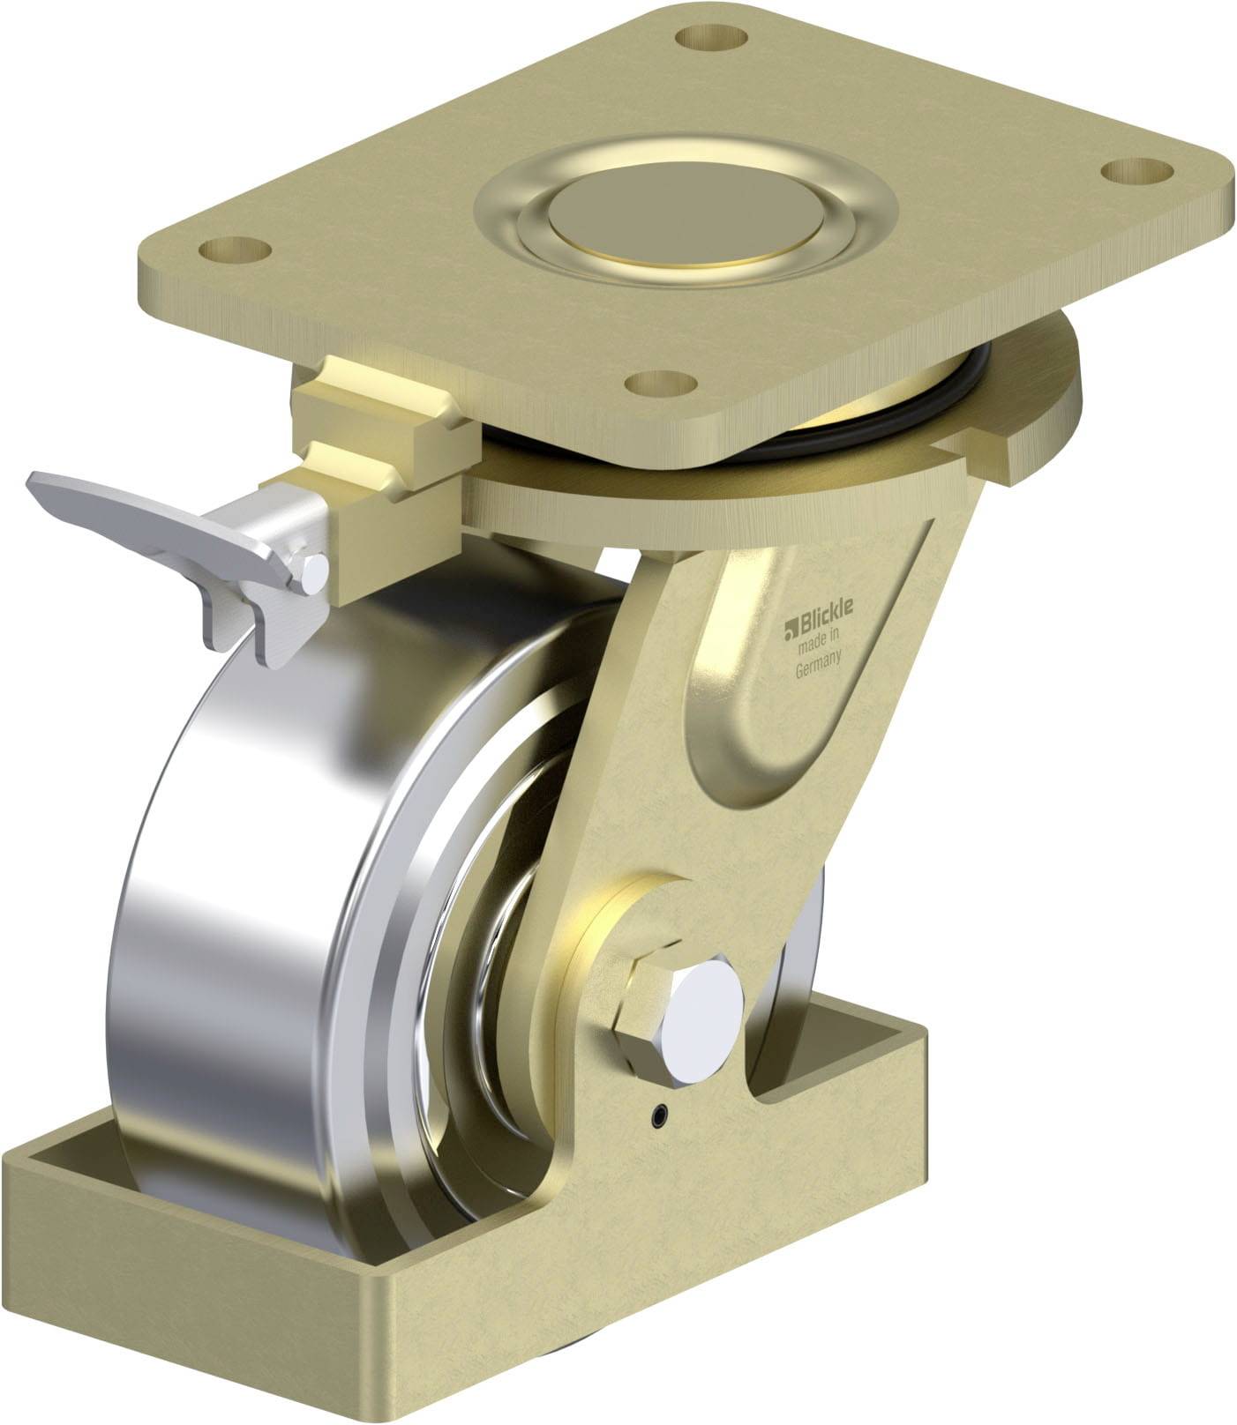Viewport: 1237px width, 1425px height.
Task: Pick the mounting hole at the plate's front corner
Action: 661,384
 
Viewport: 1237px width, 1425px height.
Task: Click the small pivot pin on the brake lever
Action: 314,572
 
